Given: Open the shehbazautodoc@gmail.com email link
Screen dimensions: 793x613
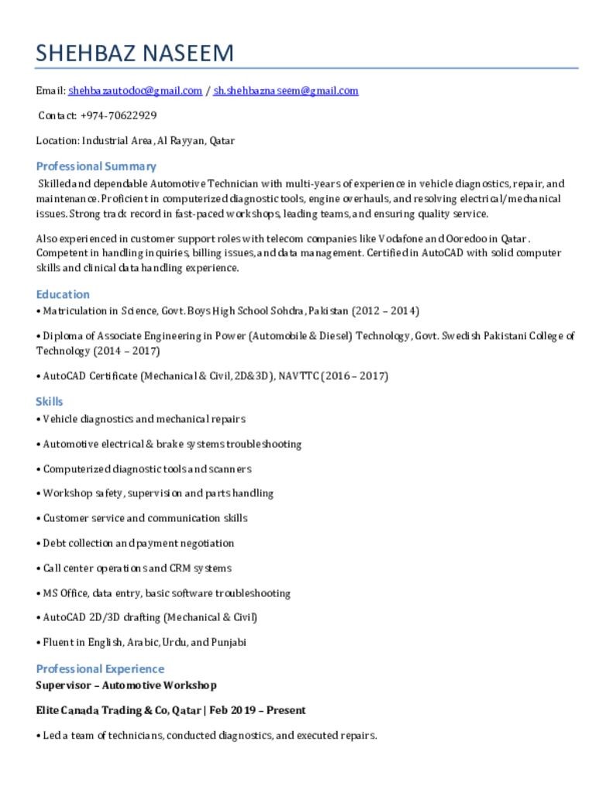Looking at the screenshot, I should point(135,91).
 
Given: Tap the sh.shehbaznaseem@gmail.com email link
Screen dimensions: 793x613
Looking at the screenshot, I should point(285,91).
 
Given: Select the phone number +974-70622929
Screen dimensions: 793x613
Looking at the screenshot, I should point(118,115).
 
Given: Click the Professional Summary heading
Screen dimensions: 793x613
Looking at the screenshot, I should point(96,166).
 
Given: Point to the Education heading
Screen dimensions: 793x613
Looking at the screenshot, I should point(63,294).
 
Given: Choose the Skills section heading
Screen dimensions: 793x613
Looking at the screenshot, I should point(50,401).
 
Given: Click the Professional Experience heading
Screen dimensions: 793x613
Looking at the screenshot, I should point(100,668).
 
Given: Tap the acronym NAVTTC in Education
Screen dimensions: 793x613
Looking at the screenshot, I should point(298,376).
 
